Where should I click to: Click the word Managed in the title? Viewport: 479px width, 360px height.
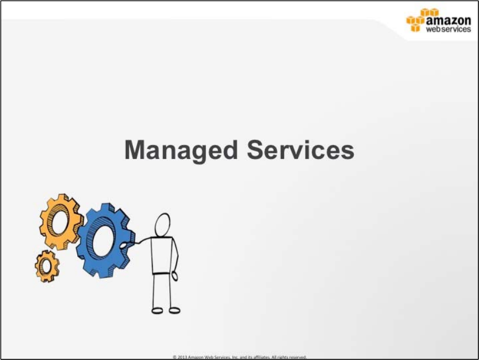coord(181,151)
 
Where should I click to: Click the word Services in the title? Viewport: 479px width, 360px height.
coord(301,150)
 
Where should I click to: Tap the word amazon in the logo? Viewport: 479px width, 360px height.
coord(448,20)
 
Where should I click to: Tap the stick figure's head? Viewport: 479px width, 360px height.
coord(162,225)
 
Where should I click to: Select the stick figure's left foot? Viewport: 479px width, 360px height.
coord(157,311)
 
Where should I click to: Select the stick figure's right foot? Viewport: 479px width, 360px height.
coord(174,310)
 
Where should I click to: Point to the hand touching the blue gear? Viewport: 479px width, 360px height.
coord(124,246)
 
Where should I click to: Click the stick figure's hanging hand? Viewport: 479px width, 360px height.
coord(174,276)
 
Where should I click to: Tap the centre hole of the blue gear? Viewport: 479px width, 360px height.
coord(103,241)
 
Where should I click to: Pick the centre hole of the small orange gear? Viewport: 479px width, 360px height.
coord(46,266)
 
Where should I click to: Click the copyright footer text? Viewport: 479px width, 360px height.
coord(239,357)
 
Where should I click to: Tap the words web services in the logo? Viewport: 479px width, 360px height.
coord(448,29)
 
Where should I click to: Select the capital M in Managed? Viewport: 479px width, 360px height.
coord(135,150)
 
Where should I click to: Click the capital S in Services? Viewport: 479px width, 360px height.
coord(256,150)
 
